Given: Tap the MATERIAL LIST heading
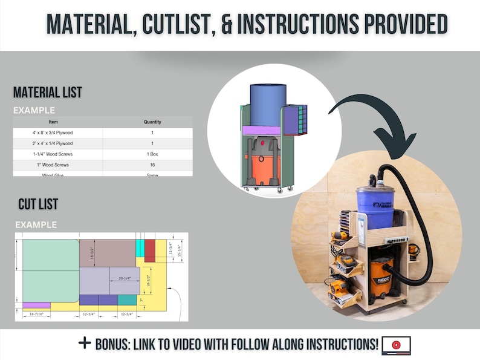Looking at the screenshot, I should pos(48,93).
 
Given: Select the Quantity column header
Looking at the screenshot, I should pos(152,122).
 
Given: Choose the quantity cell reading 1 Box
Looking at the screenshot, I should pos(152,154).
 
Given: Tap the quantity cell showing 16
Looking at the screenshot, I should pos(152,165).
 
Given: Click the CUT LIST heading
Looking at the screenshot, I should pos(38,205).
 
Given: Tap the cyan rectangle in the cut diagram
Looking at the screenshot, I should pos(140,247).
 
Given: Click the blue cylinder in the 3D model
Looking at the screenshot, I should pos(268,105).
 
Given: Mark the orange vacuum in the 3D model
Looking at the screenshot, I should pos(262,169).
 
